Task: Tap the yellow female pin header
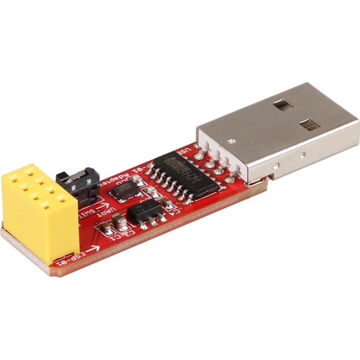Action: point(38,211)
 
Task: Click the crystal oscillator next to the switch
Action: point(125,190)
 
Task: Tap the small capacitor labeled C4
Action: point(167,203)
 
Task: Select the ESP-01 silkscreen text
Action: point(72,258)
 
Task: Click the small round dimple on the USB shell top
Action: point(232,141)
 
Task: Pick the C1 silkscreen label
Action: point(115,238)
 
